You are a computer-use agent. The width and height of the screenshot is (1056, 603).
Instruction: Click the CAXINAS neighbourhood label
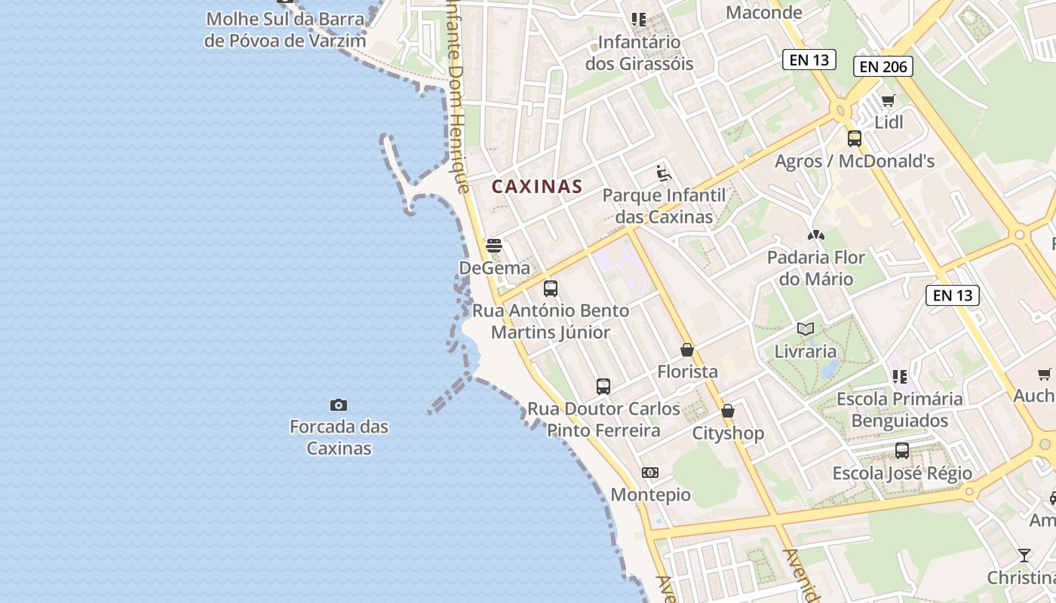pyautogui.click(x=537, y=186)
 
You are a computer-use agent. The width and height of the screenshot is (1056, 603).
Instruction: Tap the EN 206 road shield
pyautogui.click(x=883, y=66)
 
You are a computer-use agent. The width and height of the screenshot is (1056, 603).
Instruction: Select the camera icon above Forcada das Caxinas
pyautogui.click(x=339, y=406)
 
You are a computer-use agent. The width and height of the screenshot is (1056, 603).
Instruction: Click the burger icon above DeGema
pyautogui.click(x=494, y=245)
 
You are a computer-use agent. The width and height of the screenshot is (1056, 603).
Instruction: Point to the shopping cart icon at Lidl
pyautogui.click(x=889, y=100)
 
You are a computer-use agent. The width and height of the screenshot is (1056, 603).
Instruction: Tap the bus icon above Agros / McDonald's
pyautogui.click(x=854, y=139)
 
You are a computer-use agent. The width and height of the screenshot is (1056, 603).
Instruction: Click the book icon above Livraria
pyautogui.click(x=806, y=329)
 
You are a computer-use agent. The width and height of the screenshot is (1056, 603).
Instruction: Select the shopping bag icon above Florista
pyautogui.click(x=687, y=350)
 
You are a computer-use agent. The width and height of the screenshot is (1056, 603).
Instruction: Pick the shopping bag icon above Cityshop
pyautogui.click(x=728, y=411)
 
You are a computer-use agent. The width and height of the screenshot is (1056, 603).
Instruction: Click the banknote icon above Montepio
pyautogui.click(x=650, y=473)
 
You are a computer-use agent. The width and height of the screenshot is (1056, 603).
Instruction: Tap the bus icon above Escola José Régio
pyautogui.click(x=901, y=451)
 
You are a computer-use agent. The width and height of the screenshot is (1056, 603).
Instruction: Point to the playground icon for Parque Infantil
pyautogui.click(x=664, y=173)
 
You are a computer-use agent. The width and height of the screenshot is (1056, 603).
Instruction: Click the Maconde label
pyautogui.click(x=763, y=12)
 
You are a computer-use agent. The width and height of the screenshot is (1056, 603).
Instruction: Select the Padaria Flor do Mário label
pyautogui.click(x=815, y=268)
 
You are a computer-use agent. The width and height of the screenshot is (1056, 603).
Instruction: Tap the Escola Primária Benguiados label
pyautogui.click(x=899, y=409)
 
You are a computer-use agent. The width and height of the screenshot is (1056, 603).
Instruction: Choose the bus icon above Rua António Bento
pyautogui.click(x=551, y=288)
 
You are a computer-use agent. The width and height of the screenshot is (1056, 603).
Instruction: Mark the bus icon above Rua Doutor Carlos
pyautogui.click(x=603, y=387)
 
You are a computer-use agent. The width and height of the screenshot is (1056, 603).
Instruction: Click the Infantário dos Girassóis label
pyautogui.click(x=639, y=52)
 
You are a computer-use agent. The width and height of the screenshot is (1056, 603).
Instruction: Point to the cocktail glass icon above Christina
pyautogui.click(x=1024, y=556)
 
